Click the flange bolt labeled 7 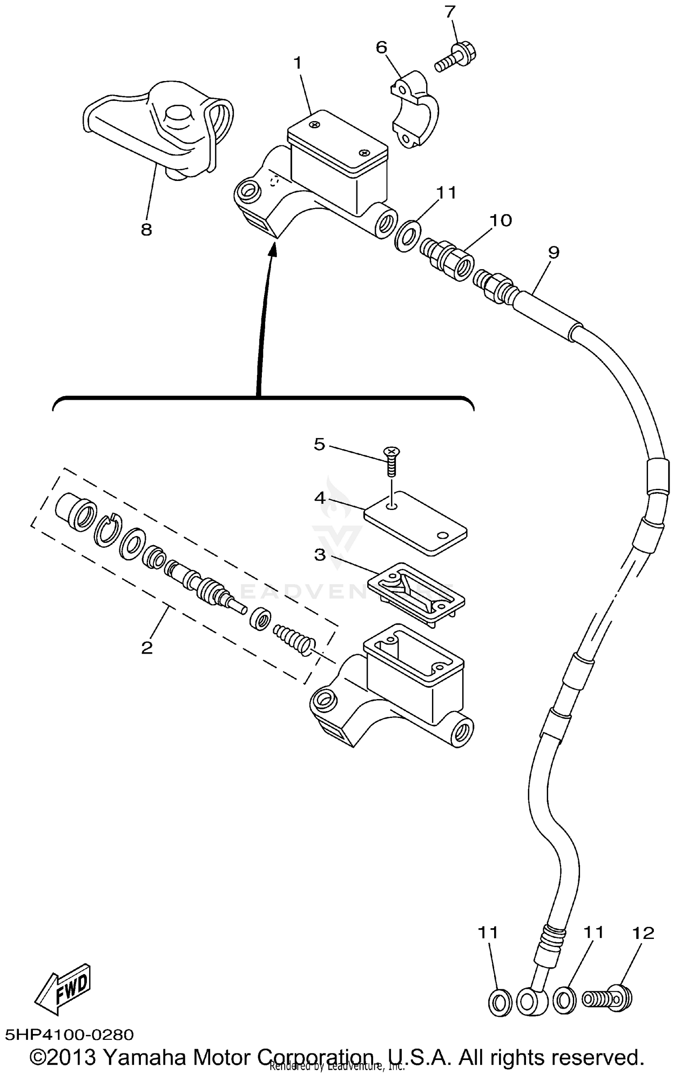pos(455,58)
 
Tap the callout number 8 pos(146,230)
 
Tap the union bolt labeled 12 pos(608,999)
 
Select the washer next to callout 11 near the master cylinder pos(408,235)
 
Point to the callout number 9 pos(553,253)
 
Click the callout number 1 pos(297,63)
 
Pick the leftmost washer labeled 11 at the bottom pos(499,1002)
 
